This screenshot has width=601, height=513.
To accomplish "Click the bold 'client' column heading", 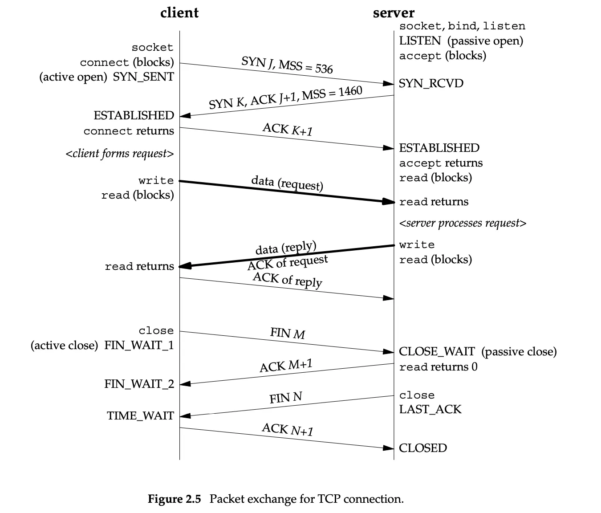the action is click(179, 13).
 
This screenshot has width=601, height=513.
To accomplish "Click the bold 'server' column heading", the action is click(394, 13).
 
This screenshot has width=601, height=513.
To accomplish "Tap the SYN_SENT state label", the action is click(143, 77).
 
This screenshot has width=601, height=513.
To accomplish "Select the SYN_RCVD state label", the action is click(431, 84).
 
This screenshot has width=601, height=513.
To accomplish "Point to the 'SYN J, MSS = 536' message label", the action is click(287, 65).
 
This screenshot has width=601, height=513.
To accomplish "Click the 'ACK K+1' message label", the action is click(288, 130).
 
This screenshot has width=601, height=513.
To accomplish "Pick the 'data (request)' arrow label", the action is click(287, 183).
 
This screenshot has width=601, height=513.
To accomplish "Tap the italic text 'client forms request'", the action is click(120, 154).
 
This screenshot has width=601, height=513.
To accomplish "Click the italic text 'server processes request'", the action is click(463, 223).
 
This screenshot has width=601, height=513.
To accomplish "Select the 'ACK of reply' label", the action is click(288, 280).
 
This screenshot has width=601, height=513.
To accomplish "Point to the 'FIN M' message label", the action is click(288, 333).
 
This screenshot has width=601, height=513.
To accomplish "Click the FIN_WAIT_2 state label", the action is click(139, 384).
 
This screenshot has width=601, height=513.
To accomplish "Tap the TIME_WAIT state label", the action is click(140, 416).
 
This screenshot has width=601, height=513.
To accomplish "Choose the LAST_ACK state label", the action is click(430, 410).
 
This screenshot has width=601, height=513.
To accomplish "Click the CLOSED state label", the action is click(423, 448).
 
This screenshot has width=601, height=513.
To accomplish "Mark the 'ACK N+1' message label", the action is click(288, 430).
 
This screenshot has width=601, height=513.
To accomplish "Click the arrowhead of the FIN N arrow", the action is click(185, 416).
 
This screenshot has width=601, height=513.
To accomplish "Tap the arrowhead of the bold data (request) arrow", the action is click(389, 202).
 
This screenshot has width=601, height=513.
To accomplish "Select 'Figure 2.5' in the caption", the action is click(175, 499).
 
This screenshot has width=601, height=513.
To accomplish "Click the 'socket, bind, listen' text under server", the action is click(462, 26).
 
